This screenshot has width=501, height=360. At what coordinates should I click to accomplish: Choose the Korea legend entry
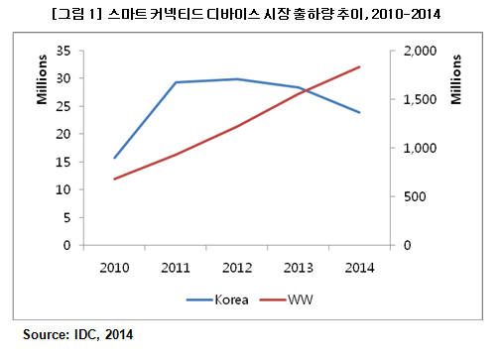pos(223,298)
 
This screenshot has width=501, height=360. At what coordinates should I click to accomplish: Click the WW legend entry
pos(299,298)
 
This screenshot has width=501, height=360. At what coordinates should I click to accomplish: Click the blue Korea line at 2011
pos(176,82)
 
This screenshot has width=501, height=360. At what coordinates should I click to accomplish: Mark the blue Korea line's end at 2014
pos(360,112)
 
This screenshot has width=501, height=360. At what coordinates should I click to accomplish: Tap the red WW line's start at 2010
pos(114,179)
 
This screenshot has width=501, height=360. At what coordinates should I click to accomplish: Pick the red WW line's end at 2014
pos(360,66)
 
